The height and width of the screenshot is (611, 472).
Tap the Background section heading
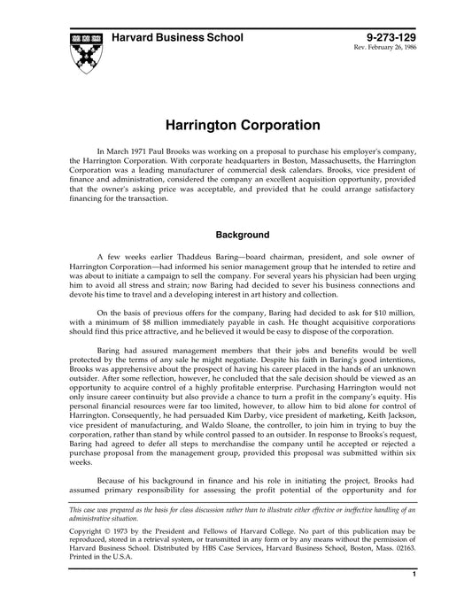click(x=236, y=236)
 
